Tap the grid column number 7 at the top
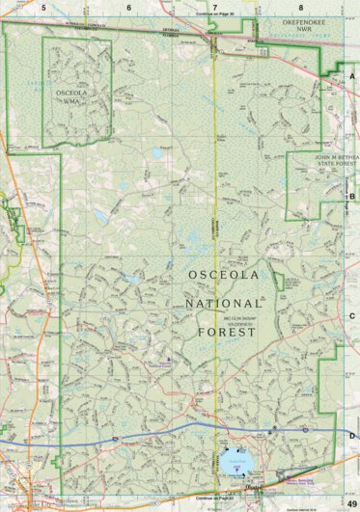(x=213, y=7)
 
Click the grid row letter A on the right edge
(x=352, y=76)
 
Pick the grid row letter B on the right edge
(x=352, y=196)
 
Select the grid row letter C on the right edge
(x=352, y=315)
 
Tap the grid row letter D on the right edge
(x=352, y=436)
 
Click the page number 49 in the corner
(x=350, y=504)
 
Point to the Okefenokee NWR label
(x=299, y=25)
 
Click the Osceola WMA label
(x=75, y=93)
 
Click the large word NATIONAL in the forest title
(x=221, y=304)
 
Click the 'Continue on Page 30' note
(x=214, y=14)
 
